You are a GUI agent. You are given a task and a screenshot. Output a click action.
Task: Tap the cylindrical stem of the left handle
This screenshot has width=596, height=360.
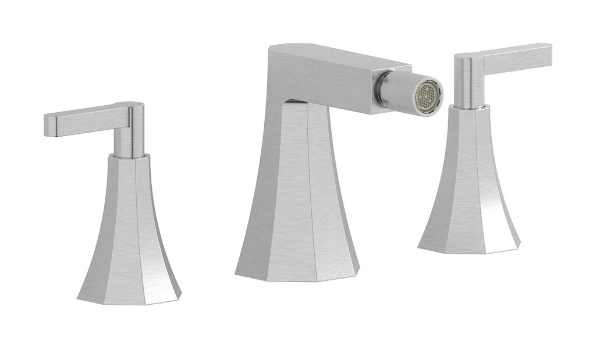click(x=129, y=140)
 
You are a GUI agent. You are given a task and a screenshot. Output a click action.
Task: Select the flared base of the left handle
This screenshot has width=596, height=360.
click(x=129, y=233)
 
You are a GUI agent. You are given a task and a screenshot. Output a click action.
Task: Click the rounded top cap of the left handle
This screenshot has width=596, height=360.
click(x=129, y=105)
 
